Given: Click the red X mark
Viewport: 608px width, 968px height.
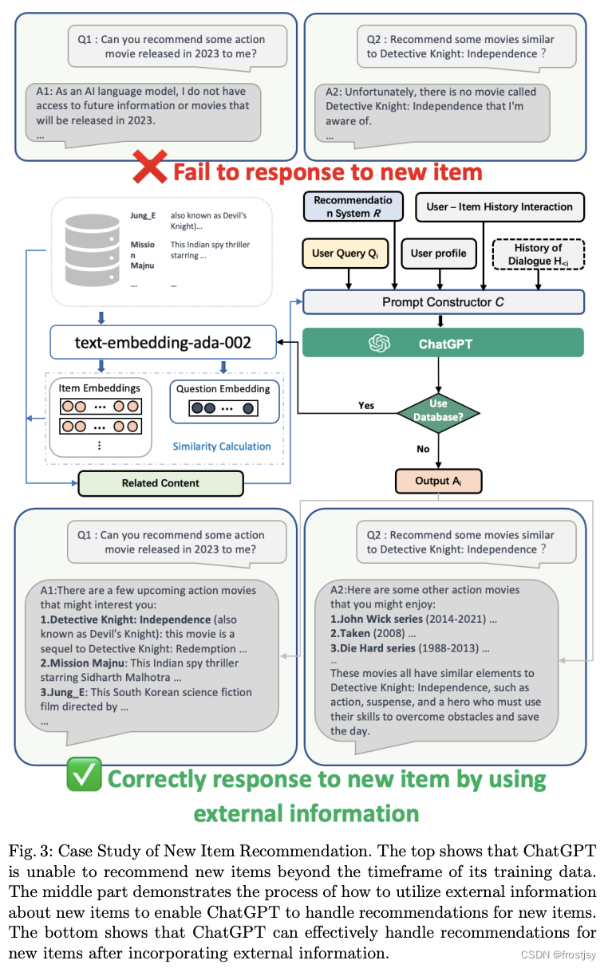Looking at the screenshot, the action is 150,167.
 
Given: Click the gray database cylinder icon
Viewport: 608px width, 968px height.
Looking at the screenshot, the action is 92,250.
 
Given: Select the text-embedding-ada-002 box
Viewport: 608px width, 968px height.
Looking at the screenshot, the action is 163,342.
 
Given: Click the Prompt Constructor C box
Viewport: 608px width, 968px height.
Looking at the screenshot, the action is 444,302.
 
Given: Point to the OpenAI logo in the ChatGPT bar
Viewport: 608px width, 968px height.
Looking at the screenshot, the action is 379,343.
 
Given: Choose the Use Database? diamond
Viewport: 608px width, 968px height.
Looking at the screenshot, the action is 439,413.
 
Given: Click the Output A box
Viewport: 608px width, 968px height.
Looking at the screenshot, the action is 439,481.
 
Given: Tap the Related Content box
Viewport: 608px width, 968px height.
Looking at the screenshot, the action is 160,483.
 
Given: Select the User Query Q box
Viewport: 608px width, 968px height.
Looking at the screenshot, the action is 345,254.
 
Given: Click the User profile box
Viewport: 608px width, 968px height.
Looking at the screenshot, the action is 439,254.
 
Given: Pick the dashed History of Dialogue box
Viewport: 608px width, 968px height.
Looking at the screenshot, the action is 539,254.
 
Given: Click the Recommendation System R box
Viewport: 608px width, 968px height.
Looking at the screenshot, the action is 353,207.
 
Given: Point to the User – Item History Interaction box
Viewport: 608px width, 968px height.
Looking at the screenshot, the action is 499,207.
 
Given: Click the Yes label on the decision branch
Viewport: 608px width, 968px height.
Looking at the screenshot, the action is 366,405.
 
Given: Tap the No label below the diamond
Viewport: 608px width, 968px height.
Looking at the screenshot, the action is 423,449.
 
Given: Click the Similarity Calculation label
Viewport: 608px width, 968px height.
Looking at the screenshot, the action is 222,447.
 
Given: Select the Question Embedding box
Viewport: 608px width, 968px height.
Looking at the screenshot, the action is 224,401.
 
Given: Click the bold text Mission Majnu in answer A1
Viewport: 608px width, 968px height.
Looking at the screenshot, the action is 83,663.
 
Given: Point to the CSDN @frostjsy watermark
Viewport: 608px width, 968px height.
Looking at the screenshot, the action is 559,954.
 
